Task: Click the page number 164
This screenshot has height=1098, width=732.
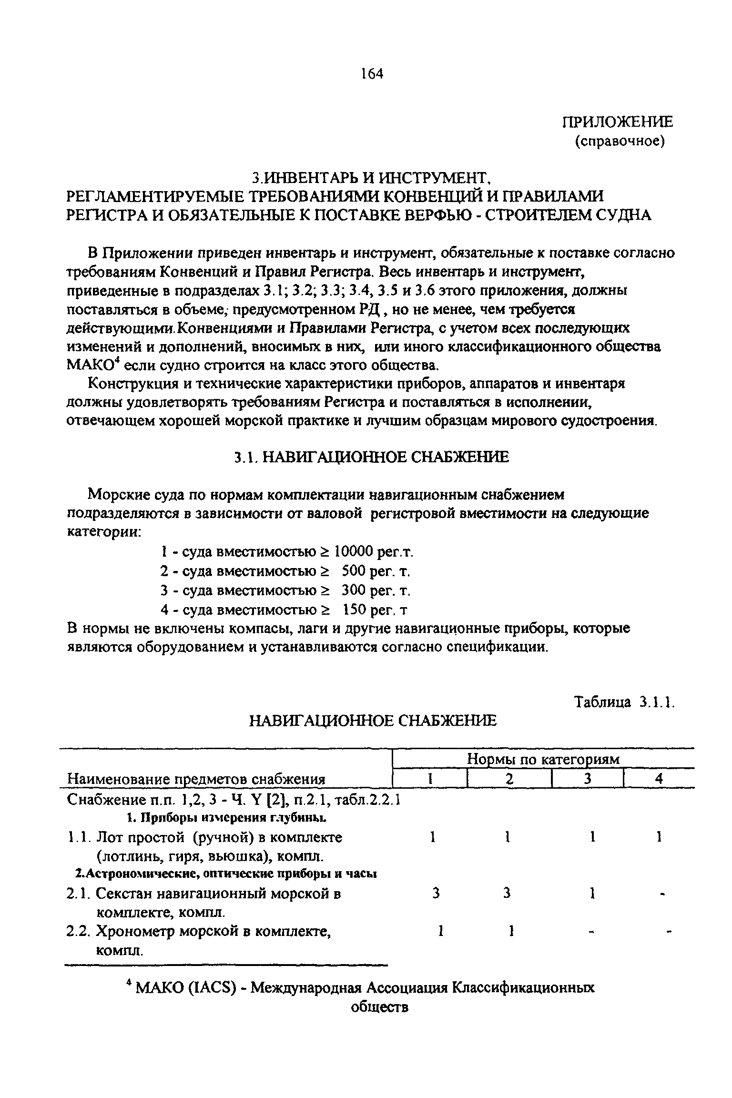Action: [372, 74]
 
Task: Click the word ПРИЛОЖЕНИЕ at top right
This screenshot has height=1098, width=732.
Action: [618, 122]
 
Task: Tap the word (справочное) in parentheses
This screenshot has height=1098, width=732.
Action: [620, 142]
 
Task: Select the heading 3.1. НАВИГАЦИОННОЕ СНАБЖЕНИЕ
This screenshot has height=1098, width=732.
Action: [371, 457]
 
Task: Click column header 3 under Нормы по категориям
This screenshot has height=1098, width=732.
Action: [588, 779]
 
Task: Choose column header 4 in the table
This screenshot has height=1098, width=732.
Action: [659, 779]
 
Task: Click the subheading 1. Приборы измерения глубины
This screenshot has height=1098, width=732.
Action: [227, 818]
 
